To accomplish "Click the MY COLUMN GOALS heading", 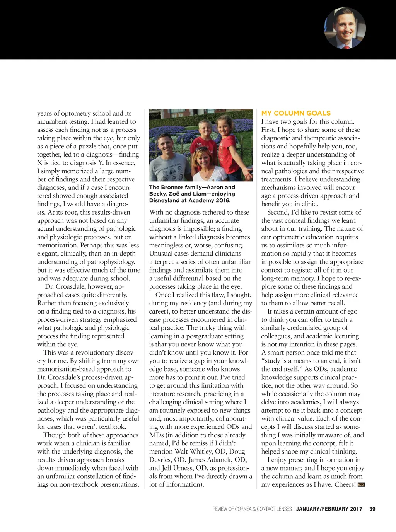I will coord(296,113).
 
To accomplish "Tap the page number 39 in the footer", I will coord(372,509).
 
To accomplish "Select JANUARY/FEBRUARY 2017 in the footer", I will coord(329,509).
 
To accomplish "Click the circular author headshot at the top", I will coord(345,28).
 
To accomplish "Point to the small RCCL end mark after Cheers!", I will coord(361,484).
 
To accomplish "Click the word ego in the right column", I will coord(352,312).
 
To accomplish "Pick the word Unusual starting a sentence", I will coord(161,254).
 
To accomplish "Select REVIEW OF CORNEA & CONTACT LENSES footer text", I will coord(252,509).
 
